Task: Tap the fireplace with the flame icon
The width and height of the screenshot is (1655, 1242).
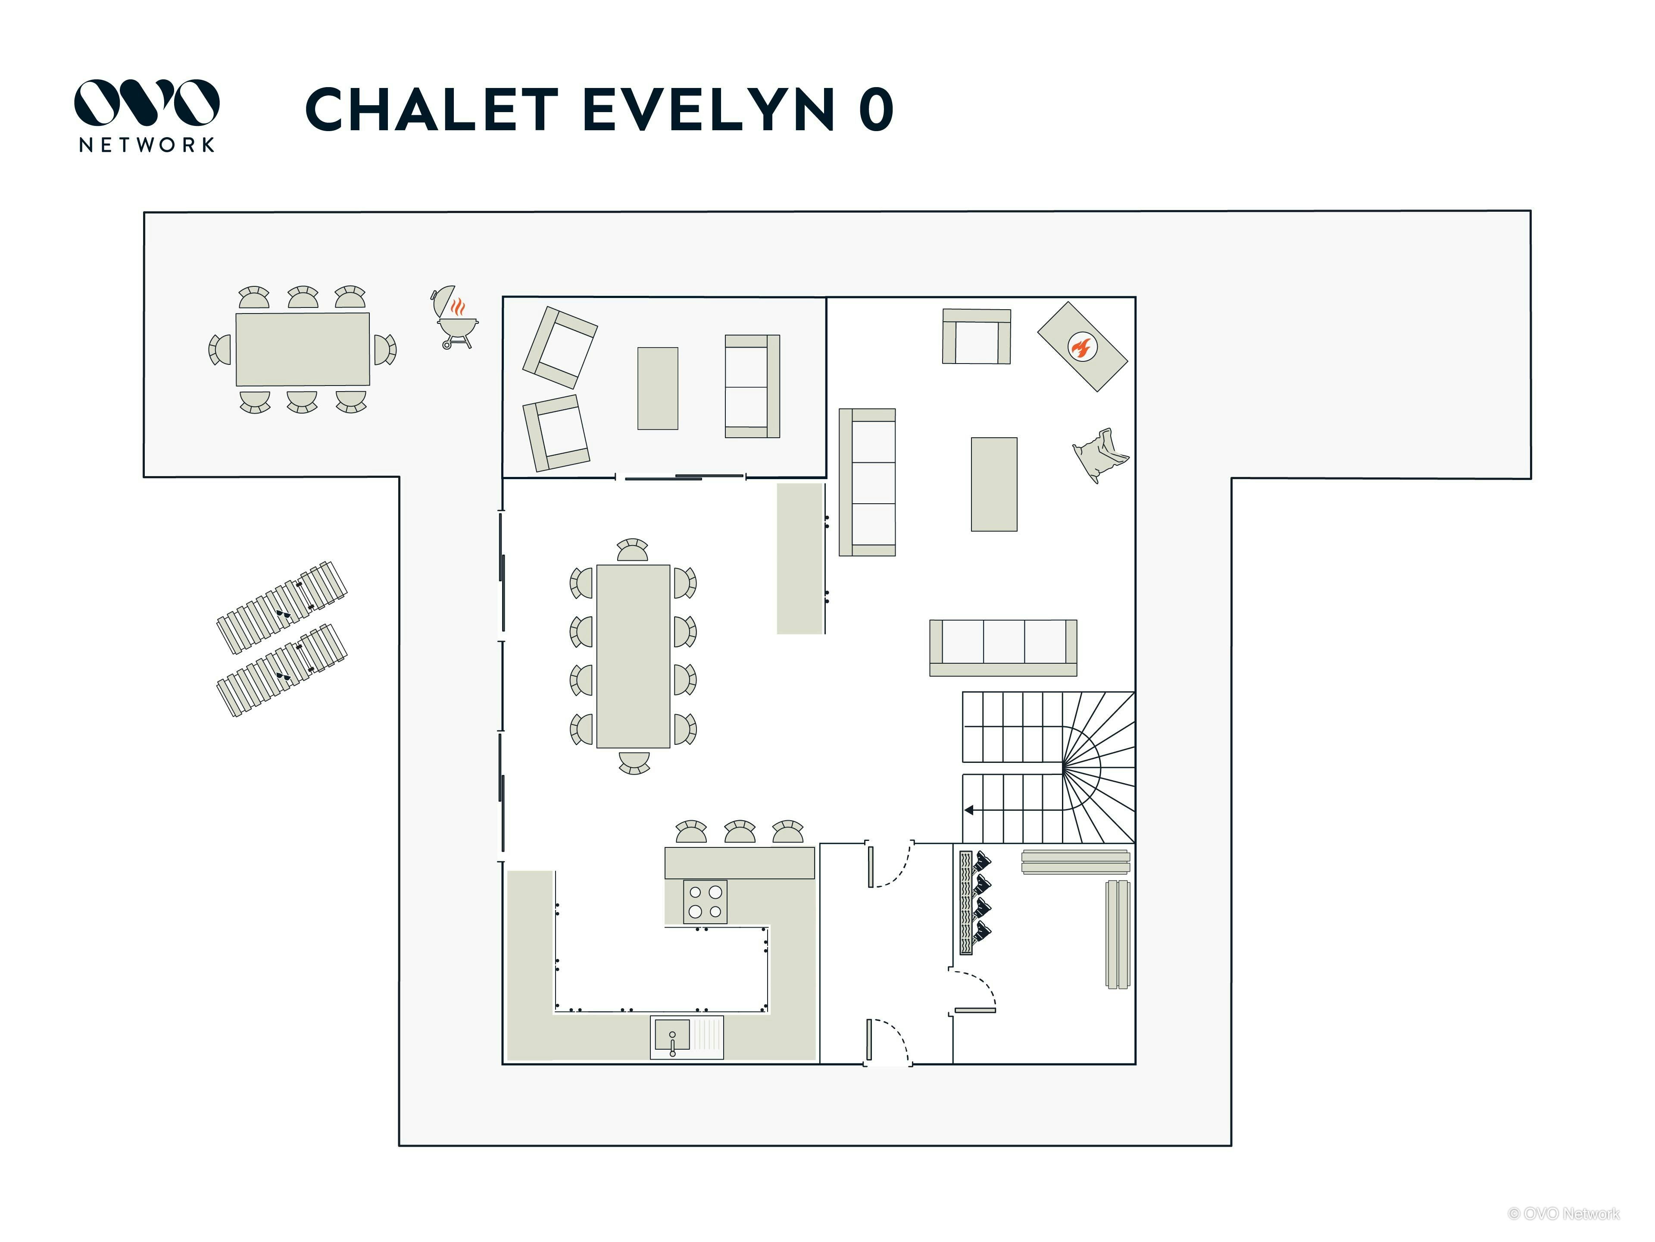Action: point(1082,347)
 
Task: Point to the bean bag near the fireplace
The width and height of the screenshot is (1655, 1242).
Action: point(1100,455)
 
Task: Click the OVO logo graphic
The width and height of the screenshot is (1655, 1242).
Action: point(147,103)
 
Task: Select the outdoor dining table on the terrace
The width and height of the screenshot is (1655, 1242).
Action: point(302,350)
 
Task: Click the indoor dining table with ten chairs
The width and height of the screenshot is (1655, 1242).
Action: point(633,656)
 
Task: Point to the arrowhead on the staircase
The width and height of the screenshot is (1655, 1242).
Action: point(969,810)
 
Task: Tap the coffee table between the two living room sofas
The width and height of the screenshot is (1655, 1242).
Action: point(993,484)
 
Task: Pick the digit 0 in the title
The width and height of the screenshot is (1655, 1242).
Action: point(876,109)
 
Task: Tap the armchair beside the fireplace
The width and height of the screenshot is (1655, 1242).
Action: point(976,336)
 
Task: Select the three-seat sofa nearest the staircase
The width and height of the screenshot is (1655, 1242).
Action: point(1002,648)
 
